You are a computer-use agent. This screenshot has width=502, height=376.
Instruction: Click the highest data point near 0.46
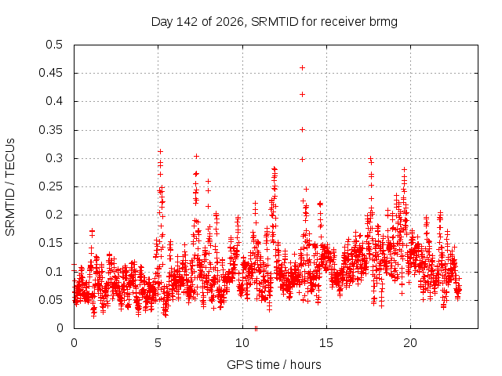(302, 68)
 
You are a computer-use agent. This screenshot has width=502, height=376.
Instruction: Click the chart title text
(275, 22)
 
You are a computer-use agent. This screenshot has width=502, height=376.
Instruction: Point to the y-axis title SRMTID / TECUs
(10, 187)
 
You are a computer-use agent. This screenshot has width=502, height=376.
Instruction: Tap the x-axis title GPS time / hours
(274, 364)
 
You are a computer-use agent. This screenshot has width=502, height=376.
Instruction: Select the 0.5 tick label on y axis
(54, 45)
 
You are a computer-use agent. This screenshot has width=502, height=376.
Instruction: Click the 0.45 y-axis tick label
(50, 73)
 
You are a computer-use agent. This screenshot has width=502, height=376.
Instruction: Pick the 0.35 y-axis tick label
(50, 130)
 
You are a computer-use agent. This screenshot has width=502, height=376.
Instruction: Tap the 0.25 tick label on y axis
(50, 186)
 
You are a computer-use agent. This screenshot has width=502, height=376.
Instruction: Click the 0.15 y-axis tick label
(50, 243)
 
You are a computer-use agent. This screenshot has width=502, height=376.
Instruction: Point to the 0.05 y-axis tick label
(50, 300)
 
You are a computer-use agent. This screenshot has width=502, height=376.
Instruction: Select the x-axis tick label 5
(158, 343)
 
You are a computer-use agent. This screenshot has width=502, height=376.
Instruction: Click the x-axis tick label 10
(242, 343)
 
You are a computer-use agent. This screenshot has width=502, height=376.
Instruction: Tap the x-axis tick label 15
(326, 343)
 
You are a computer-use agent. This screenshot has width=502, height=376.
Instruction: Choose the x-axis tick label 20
(410, 343)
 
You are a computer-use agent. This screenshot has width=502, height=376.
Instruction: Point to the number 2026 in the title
(230, 22)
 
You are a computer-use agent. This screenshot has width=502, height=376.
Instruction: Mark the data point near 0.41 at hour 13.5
(302, 94)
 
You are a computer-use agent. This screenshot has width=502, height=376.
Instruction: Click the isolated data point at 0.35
(302, 129)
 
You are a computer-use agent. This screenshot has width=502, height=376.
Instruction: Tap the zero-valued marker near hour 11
(256, 328)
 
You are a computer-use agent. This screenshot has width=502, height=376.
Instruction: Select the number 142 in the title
(187, 22)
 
